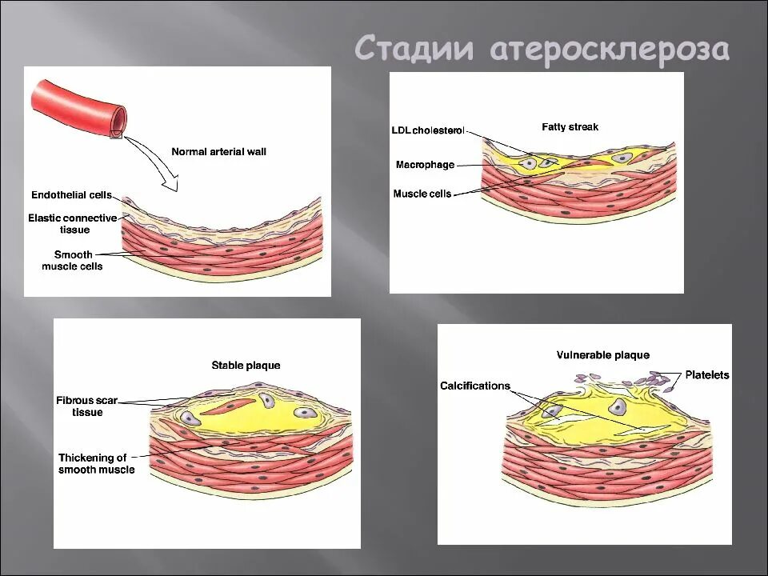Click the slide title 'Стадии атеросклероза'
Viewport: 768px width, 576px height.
pos(542,48)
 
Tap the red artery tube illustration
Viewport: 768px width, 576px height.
pos(77,103)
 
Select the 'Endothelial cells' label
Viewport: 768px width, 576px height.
pos(71,195)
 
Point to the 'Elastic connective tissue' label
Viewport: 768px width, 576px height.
pos(73,223)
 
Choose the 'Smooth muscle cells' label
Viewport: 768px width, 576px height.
pos(72,260)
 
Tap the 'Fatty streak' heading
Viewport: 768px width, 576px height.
pos(570,126)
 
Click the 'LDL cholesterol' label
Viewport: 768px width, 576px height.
pos(428,130)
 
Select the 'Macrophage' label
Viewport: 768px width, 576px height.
pos(425,165)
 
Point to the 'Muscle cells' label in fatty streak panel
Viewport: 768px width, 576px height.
pos(422,194)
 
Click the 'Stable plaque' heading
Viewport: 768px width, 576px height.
pos(246,366)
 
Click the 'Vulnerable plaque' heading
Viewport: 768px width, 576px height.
pos(602,355)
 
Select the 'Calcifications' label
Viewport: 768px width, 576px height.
pos(474,386)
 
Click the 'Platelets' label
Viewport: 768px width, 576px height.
pos(707,374)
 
